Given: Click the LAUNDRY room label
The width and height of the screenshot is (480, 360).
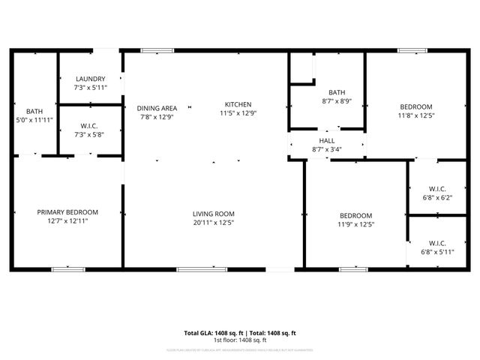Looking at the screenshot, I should coord(90,79).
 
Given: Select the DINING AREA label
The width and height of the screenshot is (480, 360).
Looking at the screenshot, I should coord(157,108).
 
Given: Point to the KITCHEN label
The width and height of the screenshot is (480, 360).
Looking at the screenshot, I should coord(238,104).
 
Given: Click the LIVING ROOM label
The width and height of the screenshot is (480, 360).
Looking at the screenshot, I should coord(214,214).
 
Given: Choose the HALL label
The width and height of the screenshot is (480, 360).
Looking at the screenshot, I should coord(327,140).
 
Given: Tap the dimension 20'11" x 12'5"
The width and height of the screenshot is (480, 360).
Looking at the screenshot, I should coord(214,223).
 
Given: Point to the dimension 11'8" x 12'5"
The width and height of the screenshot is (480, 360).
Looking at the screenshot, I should coord(415,115).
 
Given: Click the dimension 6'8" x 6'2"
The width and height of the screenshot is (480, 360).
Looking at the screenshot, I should coord(437,197).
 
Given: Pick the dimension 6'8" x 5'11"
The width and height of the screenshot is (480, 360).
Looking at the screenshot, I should coord(437,252).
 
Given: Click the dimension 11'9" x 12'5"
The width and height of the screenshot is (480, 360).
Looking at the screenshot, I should coord(355,223).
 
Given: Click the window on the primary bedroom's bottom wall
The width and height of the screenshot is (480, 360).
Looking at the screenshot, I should coord(67,268).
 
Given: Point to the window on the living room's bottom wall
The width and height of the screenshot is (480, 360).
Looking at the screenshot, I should coord(196,268).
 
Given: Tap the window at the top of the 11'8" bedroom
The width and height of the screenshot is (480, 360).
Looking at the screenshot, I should coord(413,50).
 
